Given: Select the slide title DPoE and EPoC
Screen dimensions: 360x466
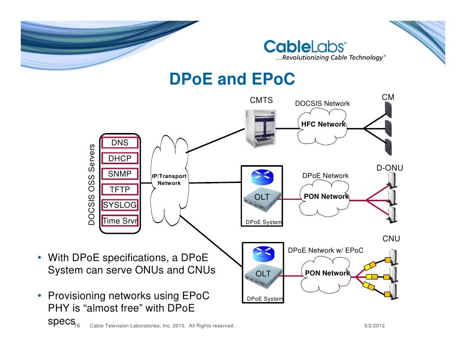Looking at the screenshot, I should click(232, 79).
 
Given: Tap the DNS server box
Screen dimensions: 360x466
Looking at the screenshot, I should click(120, 143).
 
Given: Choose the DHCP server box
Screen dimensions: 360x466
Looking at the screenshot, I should click(120, 159).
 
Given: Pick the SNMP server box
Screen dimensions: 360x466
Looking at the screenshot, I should click(120, 174).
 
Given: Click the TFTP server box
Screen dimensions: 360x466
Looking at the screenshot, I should click(120, 189).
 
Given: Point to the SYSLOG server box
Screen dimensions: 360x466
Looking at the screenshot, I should click(120, 205).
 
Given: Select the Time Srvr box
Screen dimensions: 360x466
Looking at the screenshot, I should click(120, 221).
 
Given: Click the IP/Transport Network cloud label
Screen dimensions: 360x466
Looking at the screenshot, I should click(169, 180).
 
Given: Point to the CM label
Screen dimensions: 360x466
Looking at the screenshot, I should click(388, 97).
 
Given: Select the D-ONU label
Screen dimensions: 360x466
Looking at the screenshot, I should click(390, 168).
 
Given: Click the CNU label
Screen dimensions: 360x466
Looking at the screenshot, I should click(391, 239).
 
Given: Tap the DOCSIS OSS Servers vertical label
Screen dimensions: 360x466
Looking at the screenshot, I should click(92, 183).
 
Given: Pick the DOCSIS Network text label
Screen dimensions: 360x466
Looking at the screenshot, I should click(322, 103).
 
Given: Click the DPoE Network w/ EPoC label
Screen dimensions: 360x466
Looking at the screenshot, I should click(326, 250).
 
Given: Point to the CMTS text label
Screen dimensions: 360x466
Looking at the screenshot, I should click(261, 100).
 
